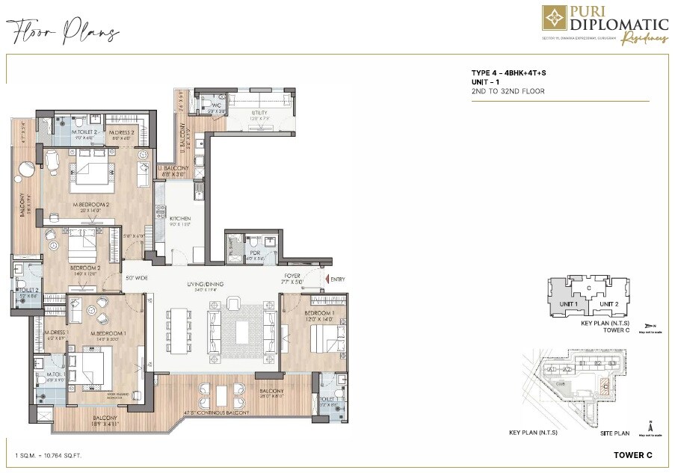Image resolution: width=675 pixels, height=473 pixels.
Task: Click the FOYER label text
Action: pyautogui.click(x=292, y=276)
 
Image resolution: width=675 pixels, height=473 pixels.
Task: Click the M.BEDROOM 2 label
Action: pyautogui.click(x=92, y=205)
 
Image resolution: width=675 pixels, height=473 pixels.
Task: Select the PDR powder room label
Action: pyautogui.click(x=255, y=253)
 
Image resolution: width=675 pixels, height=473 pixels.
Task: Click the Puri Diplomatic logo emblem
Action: pyautogui.click(x=554, y=19)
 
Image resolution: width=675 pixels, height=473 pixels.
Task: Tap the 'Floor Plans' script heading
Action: pyautogui.click(x=64, y=32)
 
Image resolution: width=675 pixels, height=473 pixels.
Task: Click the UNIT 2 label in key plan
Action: pyautogui.click(x=608, y=304)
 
